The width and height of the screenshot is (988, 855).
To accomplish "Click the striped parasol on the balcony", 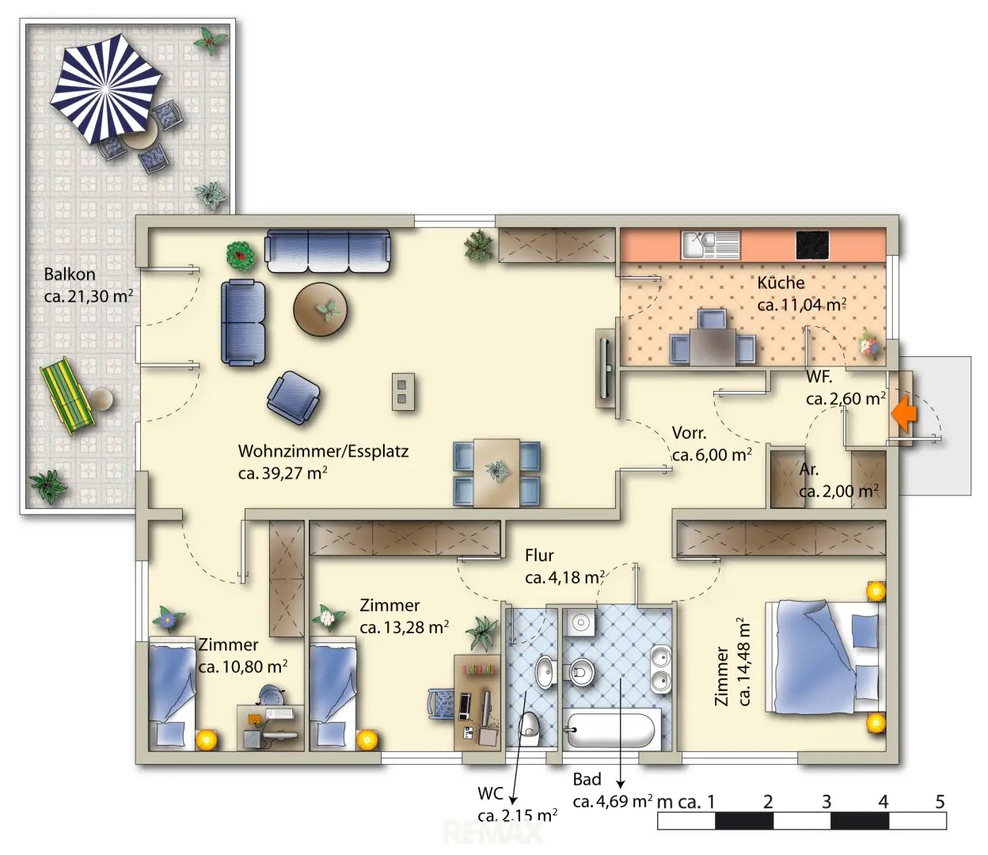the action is [106, 89].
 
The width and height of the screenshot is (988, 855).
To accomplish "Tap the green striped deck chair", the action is [66, 396].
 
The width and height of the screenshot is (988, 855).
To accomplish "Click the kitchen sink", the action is [711, 245].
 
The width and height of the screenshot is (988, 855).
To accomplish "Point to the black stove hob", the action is [812, 245].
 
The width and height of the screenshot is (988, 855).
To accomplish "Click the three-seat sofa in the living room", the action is [328, 250].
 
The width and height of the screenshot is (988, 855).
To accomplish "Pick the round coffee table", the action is [321, 310].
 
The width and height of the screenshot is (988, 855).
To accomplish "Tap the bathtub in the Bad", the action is [613, 730].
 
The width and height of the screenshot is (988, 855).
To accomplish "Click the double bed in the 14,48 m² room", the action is [825, 658].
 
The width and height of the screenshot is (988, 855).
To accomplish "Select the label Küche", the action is [781, 283].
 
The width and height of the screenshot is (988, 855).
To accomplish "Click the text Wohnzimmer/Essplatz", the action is [323, 451].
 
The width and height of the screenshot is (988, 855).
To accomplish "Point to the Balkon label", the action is [70, 275].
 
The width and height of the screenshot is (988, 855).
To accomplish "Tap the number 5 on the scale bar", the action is [940, 801].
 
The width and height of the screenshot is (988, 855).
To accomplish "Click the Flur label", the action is [539, 555].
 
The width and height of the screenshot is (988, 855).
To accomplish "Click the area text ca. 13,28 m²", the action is [405, 627].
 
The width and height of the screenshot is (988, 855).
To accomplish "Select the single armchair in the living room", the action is [294, 397].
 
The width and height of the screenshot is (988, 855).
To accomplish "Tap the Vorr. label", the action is [690, 433].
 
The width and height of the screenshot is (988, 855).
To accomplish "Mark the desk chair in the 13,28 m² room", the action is [442, 704].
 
